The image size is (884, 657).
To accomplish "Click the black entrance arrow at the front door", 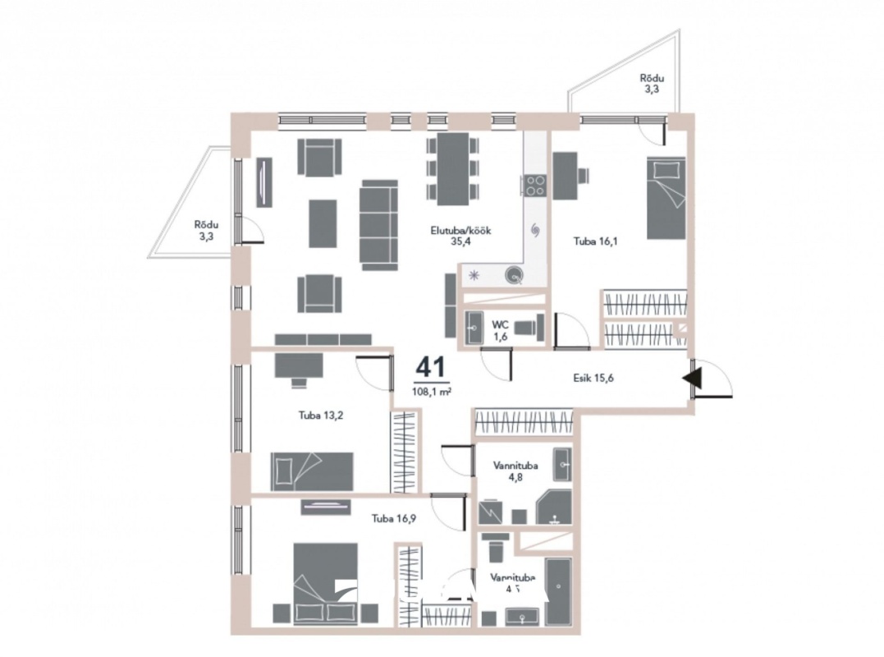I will pos(691,379).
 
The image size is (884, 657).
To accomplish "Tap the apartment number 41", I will pos(432,367).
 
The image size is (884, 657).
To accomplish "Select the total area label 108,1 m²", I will pos(432,391).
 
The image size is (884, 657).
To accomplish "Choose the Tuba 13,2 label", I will pos(320,415).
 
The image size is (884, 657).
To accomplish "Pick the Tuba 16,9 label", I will pos(393,518).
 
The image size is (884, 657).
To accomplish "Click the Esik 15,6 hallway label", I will pos(594,379).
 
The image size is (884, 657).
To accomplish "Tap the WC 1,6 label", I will pos(500,330).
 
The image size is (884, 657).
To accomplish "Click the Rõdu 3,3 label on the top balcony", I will pos(650,85).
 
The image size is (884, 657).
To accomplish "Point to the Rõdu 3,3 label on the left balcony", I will pos(204,230).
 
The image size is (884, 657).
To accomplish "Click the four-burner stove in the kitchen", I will pos(535,186).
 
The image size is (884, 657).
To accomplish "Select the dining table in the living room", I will pos(452,168).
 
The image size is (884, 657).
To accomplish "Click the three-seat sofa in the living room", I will pos(378,224).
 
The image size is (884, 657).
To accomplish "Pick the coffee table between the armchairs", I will pos(323,223).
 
